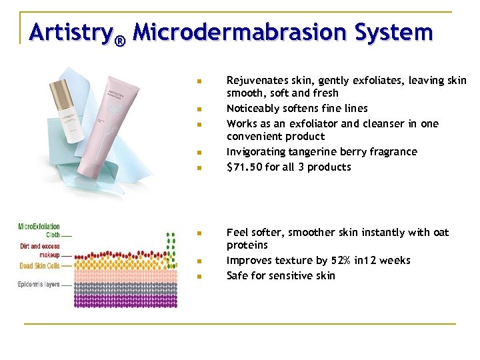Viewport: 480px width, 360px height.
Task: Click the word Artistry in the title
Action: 70,31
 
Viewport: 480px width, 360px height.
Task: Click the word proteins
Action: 247,245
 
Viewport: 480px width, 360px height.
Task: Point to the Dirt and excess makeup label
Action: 40,251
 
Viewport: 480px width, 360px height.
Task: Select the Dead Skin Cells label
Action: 39,265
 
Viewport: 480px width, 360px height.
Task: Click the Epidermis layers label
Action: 39,285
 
